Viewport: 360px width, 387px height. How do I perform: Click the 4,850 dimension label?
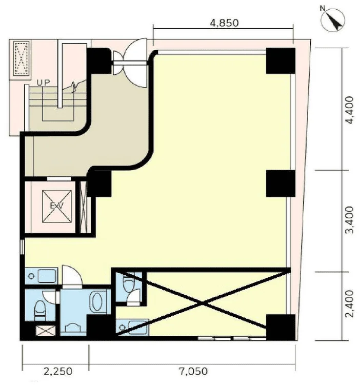224,23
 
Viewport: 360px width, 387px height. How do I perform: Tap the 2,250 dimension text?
58,371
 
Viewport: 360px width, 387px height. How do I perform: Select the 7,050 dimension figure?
193,371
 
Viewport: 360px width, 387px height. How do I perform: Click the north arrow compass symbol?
333,20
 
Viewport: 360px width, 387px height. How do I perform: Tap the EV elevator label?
57,206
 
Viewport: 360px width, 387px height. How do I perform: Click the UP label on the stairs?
43,83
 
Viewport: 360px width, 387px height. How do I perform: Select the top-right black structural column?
281,60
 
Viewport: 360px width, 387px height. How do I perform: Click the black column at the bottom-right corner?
281,327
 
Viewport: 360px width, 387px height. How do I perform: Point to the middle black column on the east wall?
281,184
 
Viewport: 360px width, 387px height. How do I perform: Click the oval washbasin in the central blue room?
96,301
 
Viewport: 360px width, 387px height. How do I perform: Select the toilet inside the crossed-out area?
129,282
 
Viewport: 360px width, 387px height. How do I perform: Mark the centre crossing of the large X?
202,303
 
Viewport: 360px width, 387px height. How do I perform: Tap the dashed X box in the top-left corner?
22,58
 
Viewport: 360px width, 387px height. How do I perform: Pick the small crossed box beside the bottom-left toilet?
46,331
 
